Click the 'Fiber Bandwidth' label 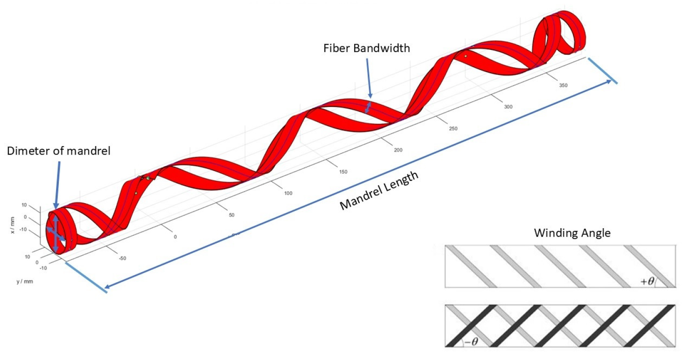366,48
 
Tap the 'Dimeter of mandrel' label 58,151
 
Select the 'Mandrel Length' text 379,190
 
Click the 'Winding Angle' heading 572,233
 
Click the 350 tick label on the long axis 563,85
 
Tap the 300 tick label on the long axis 508,107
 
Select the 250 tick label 453,129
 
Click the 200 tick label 398,150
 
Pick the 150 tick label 343,172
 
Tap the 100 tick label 288,193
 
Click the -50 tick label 122,258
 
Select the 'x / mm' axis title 13,225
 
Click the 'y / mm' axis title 25,282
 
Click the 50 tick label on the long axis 232,215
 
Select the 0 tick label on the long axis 175,237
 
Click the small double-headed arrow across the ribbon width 368,107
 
